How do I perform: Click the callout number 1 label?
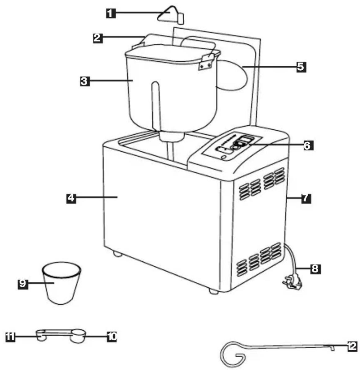pyautogui.click(x=110, y=13)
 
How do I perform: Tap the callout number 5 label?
pyautogui.click(x=301, y=67)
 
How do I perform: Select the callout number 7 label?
pyautogui.click(x=306, y=198)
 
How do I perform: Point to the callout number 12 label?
pyautogui.click(x=352, y=346)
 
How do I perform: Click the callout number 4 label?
pyautogui.click(x=71, y=198)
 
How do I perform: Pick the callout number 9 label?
pyautogui.click(x=23, y=283)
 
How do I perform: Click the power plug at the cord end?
pyautogui.click(x=293, y=282)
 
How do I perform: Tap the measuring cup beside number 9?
pyautogui.click(x=61, y=283)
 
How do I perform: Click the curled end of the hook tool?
pyautogui.click(x=233, y=354)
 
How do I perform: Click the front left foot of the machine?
pyautogui.click(x=117, y=254)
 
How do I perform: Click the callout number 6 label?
pyautogui.click(x=307, y=145)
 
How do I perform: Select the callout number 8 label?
pyautogui.click(x=316, y=269)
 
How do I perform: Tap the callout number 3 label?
pyautogui.click(x=85, y=81)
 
